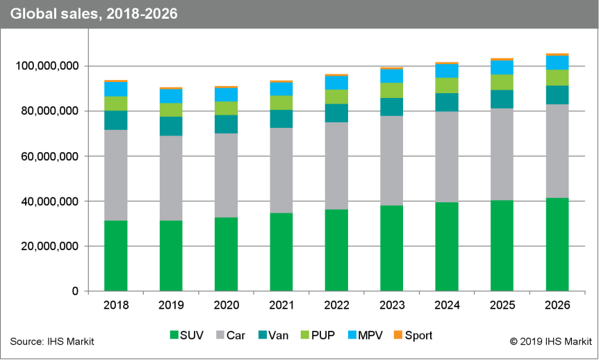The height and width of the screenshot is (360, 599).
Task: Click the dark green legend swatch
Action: (x=174, y=334)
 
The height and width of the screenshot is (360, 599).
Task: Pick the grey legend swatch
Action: (x=220, y=334)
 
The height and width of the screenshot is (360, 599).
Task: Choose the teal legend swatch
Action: (x=263, y=334)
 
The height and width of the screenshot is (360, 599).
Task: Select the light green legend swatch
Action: (x=305, y=334)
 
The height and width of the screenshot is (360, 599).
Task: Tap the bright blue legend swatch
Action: (x=352, y=334)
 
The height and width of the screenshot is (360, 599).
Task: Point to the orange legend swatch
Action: (x=397, y=334)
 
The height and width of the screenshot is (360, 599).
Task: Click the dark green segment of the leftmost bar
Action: (x=116, y=255)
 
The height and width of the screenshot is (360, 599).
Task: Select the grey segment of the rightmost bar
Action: (x=557, y=151)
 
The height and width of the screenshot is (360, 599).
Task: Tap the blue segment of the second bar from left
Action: (x=171, y=96)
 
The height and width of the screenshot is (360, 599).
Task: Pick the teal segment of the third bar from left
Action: (x=226, y=124)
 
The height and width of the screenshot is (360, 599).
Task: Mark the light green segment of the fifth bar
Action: (x=336, y=97)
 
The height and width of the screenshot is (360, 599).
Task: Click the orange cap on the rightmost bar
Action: (x=557, y=54)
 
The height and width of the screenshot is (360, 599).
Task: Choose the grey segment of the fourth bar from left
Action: (x=281, y=170)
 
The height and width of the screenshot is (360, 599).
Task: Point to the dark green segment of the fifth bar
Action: (x=336, y=249)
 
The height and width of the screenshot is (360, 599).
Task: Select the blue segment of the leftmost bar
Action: (x=116, y=89)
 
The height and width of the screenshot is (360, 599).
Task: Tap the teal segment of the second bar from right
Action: (x=502, y=99)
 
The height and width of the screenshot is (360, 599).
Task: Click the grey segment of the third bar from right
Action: (x=447, y=156)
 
